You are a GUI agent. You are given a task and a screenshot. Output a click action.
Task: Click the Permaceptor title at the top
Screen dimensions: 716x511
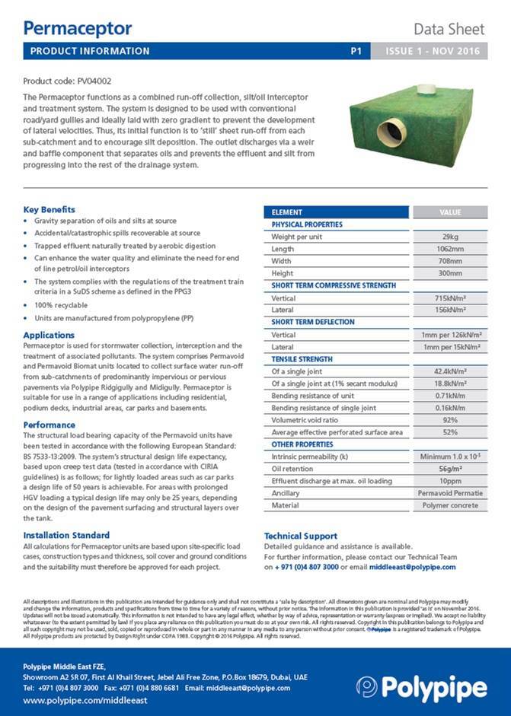point(77,28)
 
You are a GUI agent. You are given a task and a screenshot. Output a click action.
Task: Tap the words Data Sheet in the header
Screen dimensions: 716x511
point(449,30)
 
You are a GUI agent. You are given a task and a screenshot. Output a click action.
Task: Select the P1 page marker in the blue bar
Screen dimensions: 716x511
point(356,51)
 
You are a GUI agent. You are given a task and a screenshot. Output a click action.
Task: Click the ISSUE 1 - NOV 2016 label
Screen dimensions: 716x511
point(433,51)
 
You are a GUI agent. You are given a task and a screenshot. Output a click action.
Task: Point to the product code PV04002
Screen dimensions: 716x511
point(67,80)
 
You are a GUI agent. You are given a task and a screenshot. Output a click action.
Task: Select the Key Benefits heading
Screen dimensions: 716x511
point(50,209)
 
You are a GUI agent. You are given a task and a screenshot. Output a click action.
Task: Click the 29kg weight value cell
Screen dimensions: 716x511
point(449,237)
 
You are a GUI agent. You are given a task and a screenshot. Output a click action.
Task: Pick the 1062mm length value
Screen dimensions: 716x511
point(449,249)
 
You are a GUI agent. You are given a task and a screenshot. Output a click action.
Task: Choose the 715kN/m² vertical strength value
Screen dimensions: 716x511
point(449,298)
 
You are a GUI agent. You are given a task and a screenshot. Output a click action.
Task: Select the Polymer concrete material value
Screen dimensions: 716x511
point(449,505)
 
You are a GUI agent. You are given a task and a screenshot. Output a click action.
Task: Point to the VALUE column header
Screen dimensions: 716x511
point(449,212)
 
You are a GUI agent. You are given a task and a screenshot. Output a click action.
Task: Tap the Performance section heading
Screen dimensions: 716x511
point(50,425)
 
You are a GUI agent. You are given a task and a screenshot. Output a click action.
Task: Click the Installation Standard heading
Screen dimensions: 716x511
point(66,535)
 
